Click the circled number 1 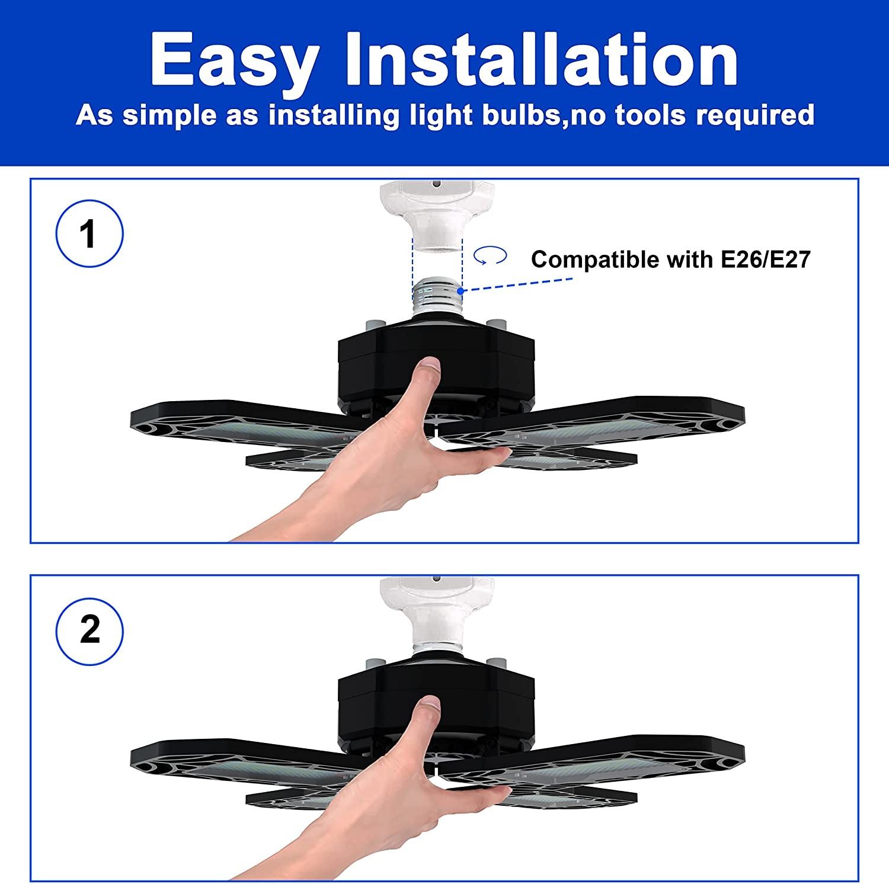89,233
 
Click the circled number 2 89,629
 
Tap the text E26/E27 765,260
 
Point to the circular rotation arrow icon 490,256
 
